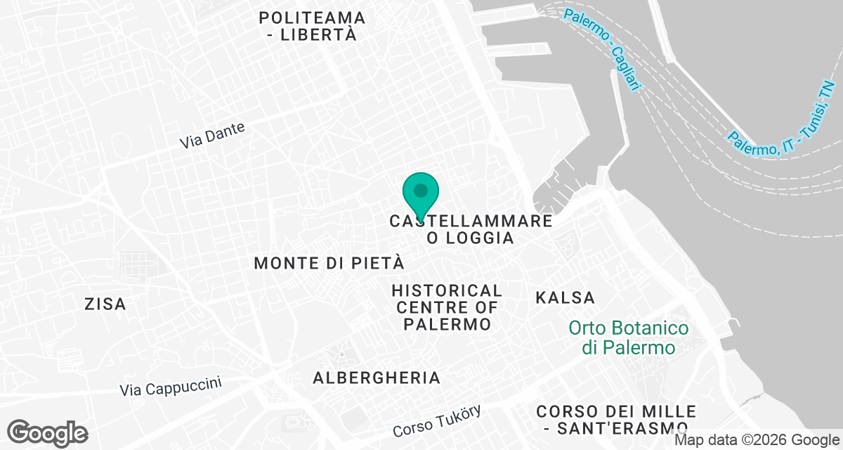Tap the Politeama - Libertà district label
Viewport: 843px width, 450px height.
[x=312, y=26]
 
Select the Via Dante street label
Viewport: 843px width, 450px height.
[x=212, y=135]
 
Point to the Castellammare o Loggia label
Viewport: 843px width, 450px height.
[x=471, y=229]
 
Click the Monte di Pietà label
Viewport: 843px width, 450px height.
[x=329, y=264]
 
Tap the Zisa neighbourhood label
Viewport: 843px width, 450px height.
[x=105, y=304]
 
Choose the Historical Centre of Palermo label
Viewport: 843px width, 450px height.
[x=447, y=308]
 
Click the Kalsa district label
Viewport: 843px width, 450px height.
[x=565, y=297]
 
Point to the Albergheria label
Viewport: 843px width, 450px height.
[x=377, y=378]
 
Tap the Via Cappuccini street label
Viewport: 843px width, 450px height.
[x=171, y=387]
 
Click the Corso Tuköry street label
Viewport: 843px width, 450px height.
[x=437, y=420]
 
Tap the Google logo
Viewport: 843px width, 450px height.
[x=48, y=432]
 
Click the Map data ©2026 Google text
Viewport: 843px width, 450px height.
[x=757, y=441]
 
